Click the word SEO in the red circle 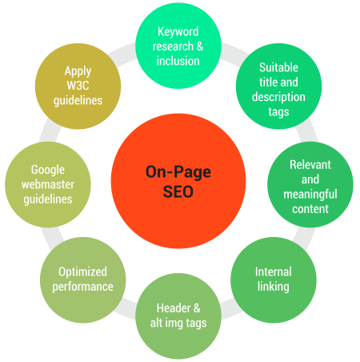[178, 191]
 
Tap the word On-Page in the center [178, 172]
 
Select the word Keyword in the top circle [178, 31]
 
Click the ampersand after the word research [200, 46]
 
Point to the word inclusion [178, 61]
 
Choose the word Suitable [278, 67]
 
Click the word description [278, 97]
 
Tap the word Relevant [310, 165]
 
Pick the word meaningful [310, 195]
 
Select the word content [310, 209]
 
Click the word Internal [274, 271]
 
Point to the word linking [274, 287]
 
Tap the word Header [174, 308]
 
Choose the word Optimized [82, 271]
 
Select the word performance [82, 287]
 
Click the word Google [48, 170]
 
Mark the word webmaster [48, 184]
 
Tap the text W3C [78, 86]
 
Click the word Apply [78, 71]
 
